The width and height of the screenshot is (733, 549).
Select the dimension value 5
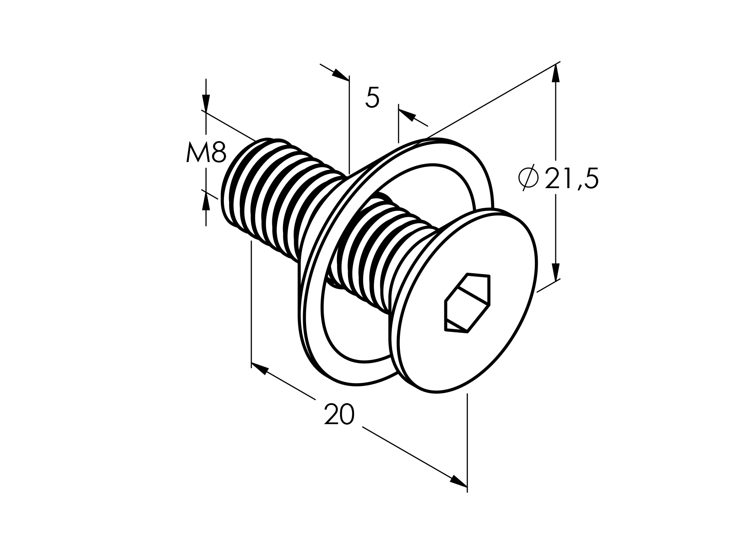(x=372, y=97)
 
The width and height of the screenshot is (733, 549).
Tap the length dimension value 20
(x=340, y=414)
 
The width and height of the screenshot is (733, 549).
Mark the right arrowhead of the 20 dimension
(x=458, y=480)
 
